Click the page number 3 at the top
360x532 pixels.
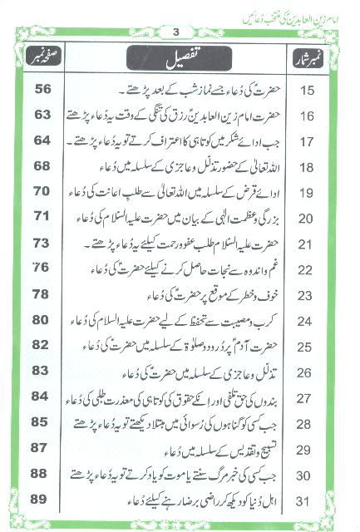pos(175,32)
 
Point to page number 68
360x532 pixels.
pos(42,167)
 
